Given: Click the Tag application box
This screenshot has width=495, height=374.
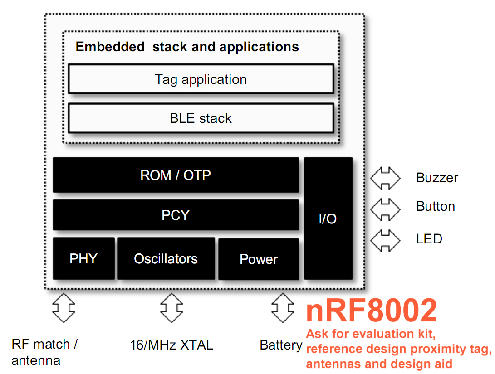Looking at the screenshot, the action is [201, 79].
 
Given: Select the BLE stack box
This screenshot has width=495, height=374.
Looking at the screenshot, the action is [201, 118].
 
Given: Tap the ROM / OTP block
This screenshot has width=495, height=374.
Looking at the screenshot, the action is [176, 175].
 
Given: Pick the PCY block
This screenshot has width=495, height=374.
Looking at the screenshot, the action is [176, 215].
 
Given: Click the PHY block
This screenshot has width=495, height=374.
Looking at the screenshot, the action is [83, 258].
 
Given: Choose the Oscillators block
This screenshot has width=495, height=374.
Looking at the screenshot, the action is [166, 258].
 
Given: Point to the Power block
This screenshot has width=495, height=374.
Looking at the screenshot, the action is [259, 259].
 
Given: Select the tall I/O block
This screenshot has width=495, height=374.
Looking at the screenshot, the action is [328, 218].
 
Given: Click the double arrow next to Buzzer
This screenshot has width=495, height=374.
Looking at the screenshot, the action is [385, 178].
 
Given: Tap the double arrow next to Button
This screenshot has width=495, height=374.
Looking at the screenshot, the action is [385, 209].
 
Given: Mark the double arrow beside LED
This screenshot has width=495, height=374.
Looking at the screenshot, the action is [385, 240].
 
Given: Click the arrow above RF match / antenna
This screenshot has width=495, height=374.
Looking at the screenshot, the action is [64, 308].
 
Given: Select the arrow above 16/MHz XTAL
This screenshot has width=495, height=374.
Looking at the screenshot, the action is [172, 308].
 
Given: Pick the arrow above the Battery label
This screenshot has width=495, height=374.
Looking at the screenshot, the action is [283, 308].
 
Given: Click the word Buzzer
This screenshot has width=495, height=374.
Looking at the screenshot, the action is [437, 178].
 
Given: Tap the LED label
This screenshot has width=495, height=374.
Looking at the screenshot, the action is [429, 239].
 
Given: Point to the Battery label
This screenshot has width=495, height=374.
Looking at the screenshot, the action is [281, 345].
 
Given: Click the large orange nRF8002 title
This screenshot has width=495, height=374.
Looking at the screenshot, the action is [372, 310].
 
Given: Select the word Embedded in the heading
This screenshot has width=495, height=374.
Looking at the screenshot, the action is [110, 47].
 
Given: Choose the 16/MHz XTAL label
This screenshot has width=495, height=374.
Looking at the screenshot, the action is [172, 345].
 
